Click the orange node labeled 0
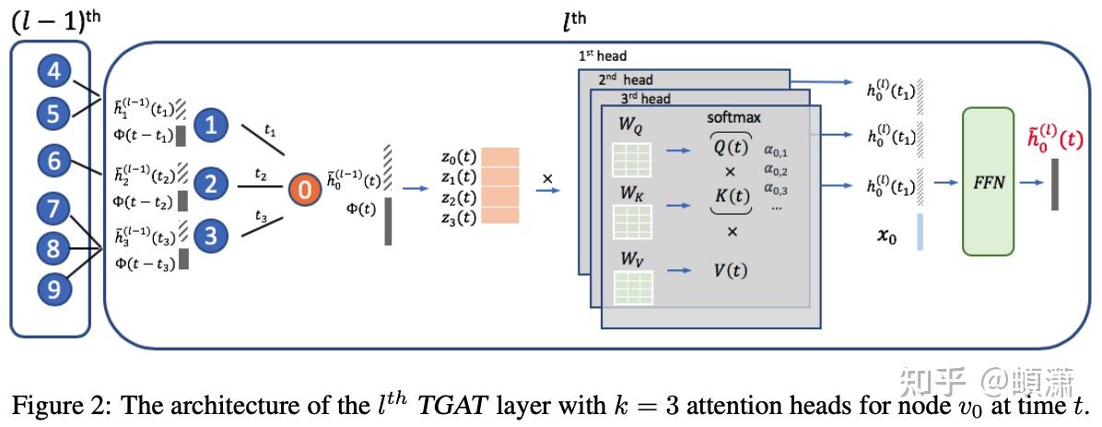(x=304, y=188)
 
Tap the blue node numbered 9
(x=54, y=286)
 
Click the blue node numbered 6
(x=54, y=162)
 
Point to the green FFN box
(x=988, y=181)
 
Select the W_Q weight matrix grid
(x=632, y=160)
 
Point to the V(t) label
(x=731, y=269)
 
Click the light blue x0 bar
(x=920, y=232)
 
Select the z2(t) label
(x=461, y=197)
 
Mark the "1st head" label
(x=603, y=55)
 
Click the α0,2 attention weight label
(x=776, y=171)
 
